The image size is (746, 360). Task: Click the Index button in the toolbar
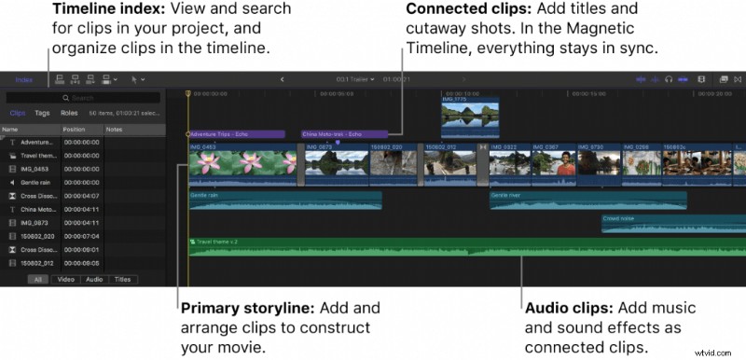(x=23, y=80)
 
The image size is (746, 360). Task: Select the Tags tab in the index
(x=42, y=112)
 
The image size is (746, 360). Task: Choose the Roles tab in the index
(x=69, y=112)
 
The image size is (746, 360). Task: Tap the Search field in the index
(x=84, y=97)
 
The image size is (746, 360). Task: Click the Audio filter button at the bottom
(x=93, y=279)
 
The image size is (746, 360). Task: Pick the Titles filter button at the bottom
(x=122, y=279)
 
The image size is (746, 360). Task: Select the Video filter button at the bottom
(x=66, y=279)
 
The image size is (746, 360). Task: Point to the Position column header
(x=75, y=129)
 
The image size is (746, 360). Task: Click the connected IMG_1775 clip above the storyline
(x=470, y=119)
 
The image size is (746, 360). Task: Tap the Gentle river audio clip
(x=587, y=199)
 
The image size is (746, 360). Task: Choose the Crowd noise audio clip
(x=671, y=222)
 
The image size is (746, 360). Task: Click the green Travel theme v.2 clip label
(x=214, y=242)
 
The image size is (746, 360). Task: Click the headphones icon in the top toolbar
(x=668, y=80)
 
